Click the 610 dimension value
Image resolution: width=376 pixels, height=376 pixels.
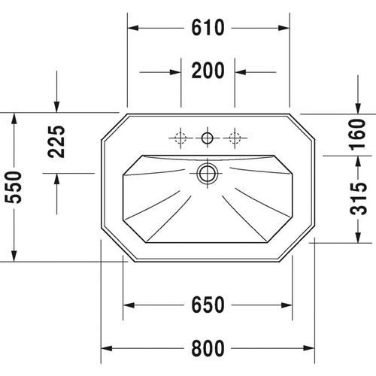208,28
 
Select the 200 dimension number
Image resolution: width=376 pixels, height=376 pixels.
208,71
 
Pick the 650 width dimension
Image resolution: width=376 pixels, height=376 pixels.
208,305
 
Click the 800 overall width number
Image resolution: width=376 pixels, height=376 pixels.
208,348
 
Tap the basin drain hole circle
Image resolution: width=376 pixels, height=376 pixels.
207,174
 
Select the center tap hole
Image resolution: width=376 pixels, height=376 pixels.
207,137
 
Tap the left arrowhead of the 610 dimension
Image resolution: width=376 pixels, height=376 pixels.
131,29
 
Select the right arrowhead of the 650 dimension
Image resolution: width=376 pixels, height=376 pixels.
287,305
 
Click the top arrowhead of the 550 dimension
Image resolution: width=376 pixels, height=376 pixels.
14,117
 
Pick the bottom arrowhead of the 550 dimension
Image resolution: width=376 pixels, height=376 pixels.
14,258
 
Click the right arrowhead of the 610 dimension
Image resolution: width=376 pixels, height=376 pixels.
285,29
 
